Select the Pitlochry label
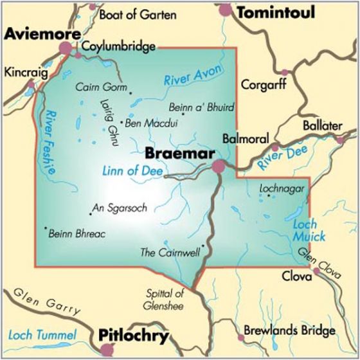pos(133,336)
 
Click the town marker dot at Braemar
pos(219,166)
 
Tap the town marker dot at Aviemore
pos(66,48)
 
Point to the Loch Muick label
pos(309,230)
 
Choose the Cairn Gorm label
pos(102,86)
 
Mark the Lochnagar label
pos(279,188)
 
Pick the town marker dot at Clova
pos(317,273)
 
